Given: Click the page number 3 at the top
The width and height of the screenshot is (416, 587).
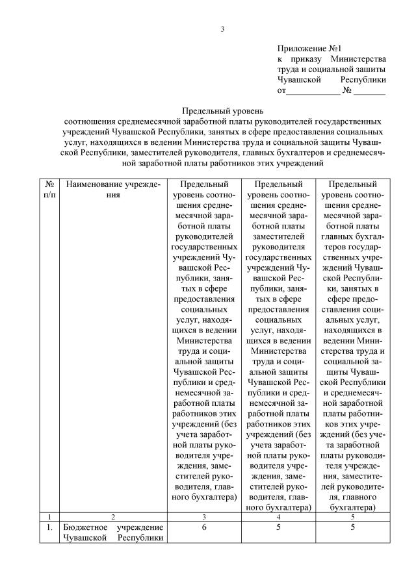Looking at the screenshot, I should [222, 29].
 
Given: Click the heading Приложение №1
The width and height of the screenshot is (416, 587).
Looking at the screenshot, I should [309, 48].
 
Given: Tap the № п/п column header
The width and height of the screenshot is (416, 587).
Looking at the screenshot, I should [49, 190].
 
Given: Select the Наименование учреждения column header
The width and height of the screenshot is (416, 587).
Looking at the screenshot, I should [114, 190].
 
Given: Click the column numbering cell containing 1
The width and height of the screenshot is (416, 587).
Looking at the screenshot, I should [49, 516].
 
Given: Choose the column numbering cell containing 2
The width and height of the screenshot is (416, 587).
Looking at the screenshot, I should [114, 516].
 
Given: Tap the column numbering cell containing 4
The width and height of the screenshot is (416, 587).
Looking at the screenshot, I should [279, 516].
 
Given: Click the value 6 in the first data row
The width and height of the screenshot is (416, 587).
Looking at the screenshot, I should [205, 527].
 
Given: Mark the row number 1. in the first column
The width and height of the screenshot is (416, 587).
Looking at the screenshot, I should [49, 527].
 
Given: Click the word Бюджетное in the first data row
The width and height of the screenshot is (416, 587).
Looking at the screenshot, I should [85, 527].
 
